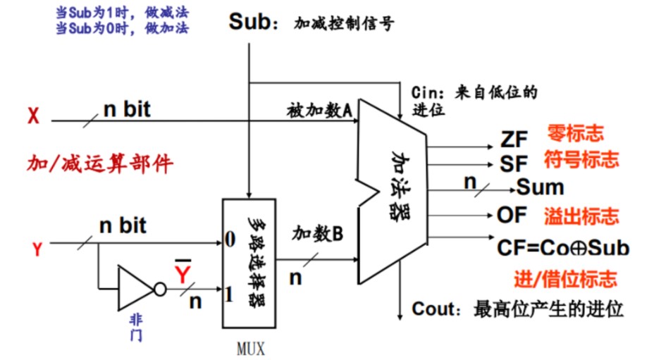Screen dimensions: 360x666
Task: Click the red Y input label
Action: [x=38, y=247]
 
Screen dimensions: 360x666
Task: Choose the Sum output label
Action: [x=541, y=187]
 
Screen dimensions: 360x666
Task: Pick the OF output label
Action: [x=512, y=214]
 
